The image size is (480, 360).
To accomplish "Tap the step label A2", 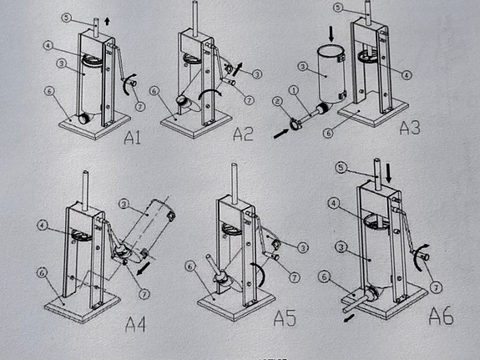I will pyautogui.click(x=242, y=134).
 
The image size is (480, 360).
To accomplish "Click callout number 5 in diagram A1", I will pyautogui.click(x=66, y=17).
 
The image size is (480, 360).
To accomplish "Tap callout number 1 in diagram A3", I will pyautogui.click(x=294, y=89).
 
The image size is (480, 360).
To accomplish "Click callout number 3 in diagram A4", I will pyautogui.click(x=123, y=202).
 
